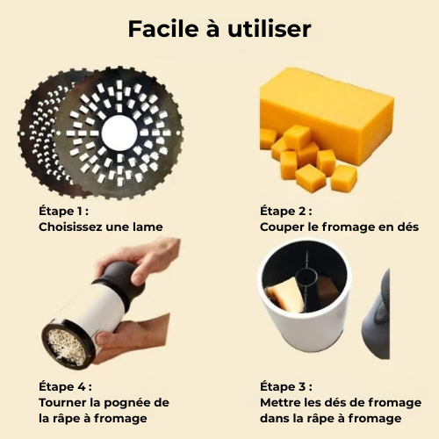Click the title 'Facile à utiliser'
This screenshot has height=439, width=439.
pyautogui.click(x=219, y=29)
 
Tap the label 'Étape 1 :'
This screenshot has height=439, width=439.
pyautogui.click(x=64, y=211)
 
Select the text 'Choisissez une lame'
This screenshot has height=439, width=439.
pyautogui.click(x=100, y=227)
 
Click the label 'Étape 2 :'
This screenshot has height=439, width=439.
pyautogui.click(x=286, y=211)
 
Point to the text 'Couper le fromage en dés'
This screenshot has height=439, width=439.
pyautogui.click(x=338, y=227)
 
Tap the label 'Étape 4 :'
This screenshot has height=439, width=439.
pyautogui.click(x=64, y=386)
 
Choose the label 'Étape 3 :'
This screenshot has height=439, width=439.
pyautogui.click(x=286, y=386)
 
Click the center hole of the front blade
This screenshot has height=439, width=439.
pyautogui.click(x=119, y=133)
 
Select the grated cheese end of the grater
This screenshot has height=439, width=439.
pyautogui.click(x=69, y=346)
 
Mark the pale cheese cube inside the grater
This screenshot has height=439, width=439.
pyautogui.click(x=285, y=296)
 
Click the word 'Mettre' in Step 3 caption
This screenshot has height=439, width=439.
pyautogui.click(x=282, y=402)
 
